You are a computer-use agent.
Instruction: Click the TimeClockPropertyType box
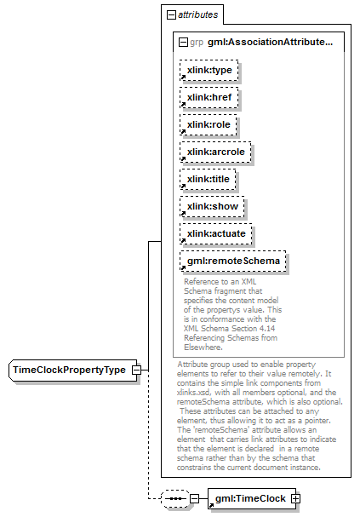point(73,371)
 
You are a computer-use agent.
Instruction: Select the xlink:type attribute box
point(209,70)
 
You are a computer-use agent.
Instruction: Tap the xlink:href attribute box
point(209,98)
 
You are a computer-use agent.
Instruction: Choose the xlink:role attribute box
point(209,125)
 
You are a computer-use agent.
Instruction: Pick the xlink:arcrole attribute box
point(215,152)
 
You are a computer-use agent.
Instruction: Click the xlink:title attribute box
point(208,180)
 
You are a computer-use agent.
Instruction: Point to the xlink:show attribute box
point(212,207)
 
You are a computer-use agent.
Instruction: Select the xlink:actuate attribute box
point(215,234)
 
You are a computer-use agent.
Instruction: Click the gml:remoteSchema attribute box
point(233,261)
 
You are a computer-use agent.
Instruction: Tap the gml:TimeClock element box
point(252,498)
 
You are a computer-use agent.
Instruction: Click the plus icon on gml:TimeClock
point(295,499)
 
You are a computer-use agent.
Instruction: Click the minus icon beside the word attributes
point(171,14)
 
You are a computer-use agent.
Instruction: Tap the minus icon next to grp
point(183,43)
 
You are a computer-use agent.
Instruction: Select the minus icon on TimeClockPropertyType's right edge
point(136,371)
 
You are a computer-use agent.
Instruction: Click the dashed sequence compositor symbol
point(175,498)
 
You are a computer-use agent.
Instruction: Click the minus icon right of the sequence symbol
point(195,498)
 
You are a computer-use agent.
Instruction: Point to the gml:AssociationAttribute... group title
point(270,43)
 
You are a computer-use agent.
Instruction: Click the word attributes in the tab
point(198,14)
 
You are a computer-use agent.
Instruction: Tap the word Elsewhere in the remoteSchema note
point(203,348)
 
